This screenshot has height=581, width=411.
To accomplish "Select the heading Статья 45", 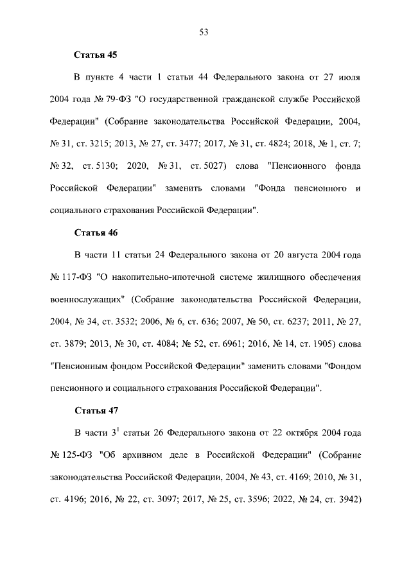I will tap(96, 55).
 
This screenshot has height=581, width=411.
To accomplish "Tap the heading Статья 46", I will tap(96, 232).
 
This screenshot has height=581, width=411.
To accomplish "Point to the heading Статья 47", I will tap(96, 409).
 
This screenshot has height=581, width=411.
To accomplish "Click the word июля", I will tap(347, 78).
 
